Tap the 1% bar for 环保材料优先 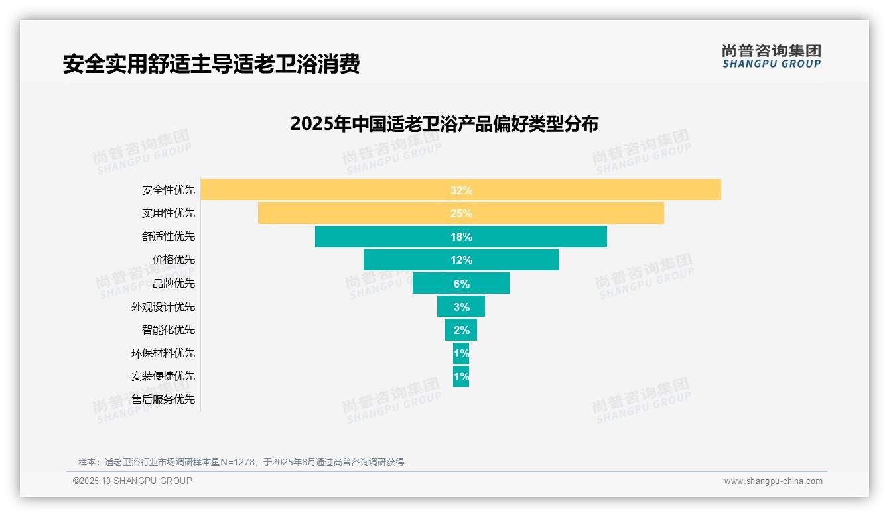click(461, 353)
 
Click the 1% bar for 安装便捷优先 click(461, 376)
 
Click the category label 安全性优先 click(169, 190)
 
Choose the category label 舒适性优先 click(169, 237)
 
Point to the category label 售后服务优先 click(163, 400)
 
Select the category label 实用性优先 click(169, 213)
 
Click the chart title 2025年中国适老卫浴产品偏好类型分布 click(444, 124)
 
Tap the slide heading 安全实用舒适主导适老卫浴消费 click(211, 64)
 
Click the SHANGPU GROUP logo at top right click(771, 56)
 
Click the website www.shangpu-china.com click(773, 481)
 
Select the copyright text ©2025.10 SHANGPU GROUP click(133, 481)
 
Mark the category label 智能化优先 click(169, 329)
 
